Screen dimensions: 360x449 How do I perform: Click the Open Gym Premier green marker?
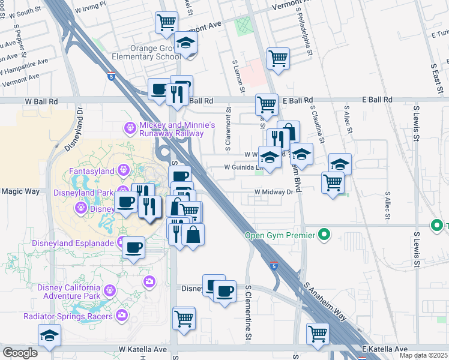tap(325, 235)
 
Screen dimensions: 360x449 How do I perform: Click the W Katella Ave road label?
tap(143, 349)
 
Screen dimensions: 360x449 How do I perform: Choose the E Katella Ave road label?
tap(384, 349)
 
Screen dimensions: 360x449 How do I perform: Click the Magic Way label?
tap(19, 191)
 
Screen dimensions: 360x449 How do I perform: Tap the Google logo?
tap(20, 352)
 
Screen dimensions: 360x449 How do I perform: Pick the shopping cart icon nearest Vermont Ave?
tap(166, 23)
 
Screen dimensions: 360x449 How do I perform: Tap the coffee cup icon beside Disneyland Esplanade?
tap(133, 247)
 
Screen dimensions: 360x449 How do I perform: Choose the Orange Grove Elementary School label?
tap(145, 52)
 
